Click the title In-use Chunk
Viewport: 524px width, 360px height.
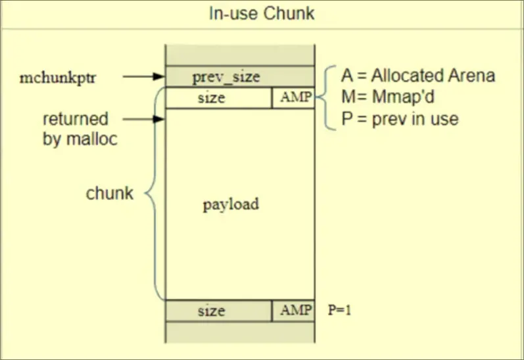pyautogui.click(x=262, y=14)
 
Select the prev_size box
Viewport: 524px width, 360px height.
pyautogui.click(x=226, y=77)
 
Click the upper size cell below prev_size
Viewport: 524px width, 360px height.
pyautogui.click(x=211, y=99)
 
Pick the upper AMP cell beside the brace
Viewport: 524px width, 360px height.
pyautogui.click(x=293, y=99)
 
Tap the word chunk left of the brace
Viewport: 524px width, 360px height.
pyautogui.click(x=110, y=194)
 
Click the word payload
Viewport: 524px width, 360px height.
pyautogui.click(x=231, y=204)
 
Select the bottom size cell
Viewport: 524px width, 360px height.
pyautogui.click(x=211, y=311)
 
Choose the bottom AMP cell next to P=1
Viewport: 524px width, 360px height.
pyautogui.click(x=293, y=311)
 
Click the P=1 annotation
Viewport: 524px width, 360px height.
pyautogui.click(x=340, y=311)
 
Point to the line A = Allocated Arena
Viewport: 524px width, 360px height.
pyautogui.click(x=417, y=76)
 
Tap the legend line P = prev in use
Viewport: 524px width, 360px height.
pyautogui.click(x=399, y=119)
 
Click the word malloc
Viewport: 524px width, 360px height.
pyautogui.click(x=92, y=140)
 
